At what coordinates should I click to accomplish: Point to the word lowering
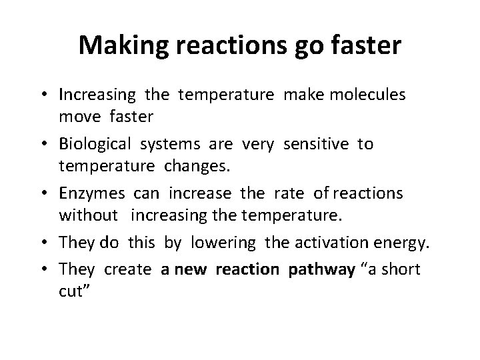(223, 243)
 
